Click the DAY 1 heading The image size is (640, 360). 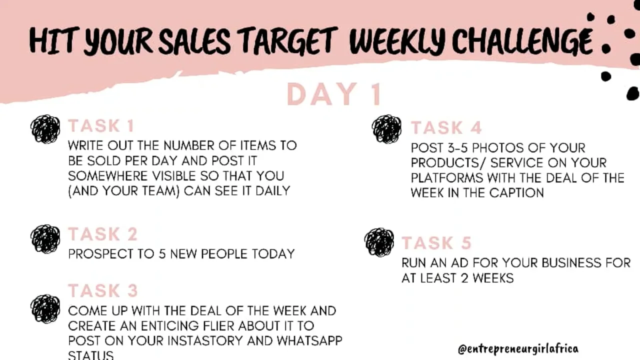[333, 94]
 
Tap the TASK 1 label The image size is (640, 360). [101, 126]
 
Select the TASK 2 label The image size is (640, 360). [102, 234]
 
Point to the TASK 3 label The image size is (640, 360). [102, 290]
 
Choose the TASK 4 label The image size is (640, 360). [446, 128]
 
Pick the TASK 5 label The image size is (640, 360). [436, 243]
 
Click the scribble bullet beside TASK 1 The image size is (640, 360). [45, 129]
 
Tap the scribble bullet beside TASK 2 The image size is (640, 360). [45, 238]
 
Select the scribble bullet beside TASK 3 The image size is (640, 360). [45, 308]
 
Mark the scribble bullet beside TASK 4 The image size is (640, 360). [386, 129]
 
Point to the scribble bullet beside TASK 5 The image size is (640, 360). [379, 242]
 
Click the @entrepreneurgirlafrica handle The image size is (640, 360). [517, 348]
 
